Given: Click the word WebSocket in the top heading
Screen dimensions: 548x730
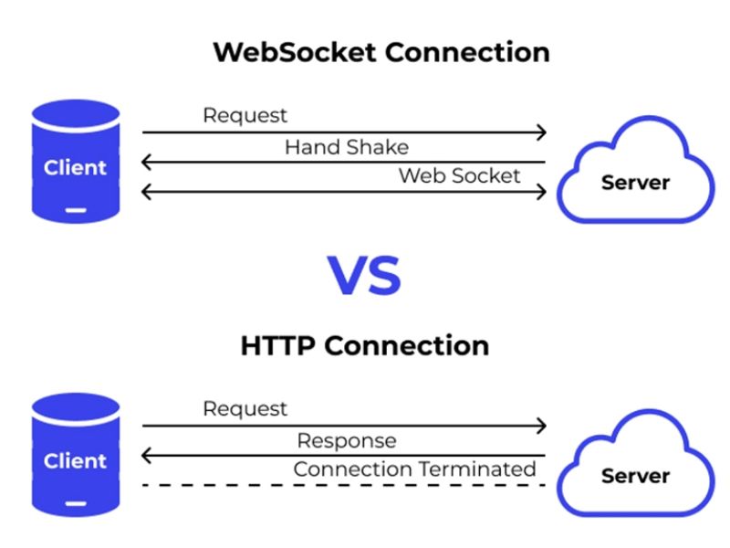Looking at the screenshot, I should coord(295,51).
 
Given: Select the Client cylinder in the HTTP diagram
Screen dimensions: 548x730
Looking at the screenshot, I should coord(76,455).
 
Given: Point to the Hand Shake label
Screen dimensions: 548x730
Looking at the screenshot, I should coord(347,147).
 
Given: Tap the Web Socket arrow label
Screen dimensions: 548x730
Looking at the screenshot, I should coord(459,175).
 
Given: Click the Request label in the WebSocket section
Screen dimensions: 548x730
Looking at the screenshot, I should coord(245,116).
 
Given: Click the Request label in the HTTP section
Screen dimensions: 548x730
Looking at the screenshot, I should coord(245,409).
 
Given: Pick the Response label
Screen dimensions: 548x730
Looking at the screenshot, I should coord(347,441).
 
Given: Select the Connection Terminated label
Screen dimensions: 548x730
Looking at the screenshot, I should coord(414,469).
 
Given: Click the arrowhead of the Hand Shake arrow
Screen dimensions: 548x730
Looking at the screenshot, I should coord(146,163).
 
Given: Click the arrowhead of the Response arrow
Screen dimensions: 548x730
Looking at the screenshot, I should coord(146,456).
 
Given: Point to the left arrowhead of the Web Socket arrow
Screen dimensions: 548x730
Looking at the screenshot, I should coord(146,192).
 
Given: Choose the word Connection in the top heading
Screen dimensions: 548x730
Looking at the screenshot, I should coord(466,51).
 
